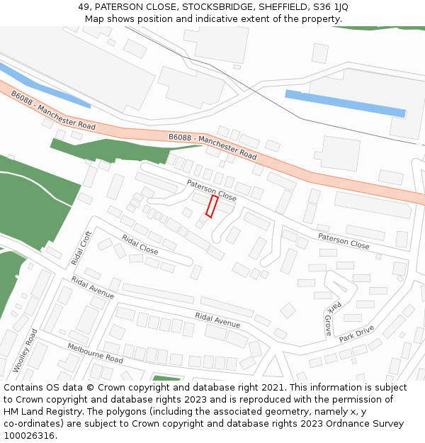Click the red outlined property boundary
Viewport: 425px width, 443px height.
click(x=212, y=206)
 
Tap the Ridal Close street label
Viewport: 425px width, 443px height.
click(x=140, y=245)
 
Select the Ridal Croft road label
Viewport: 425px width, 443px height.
click(x=81, y=248)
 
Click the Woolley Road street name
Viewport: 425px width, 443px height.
click(x=25, y=350)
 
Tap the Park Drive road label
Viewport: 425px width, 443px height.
click(x=356, y=334)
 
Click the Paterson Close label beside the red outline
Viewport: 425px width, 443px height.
click(x=211, y=190)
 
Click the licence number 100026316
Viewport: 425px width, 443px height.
click(x=29, y=436)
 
